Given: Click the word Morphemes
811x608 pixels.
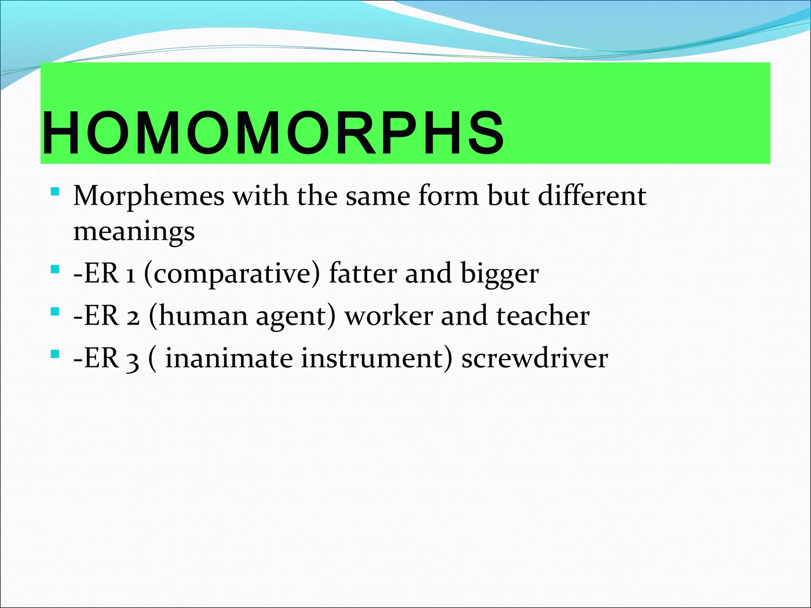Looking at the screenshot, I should point(148,196).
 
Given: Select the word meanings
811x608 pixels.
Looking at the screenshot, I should point(134,231).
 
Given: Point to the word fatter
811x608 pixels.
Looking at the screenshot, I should point(362,273).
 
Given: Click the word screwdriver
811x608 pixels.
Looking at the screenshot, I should point(534,358).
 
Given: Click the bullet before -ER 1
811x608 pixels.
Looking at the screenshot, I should point(55,270).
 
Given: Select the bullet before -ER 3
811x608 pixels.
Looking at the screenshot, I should point(55,353).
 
